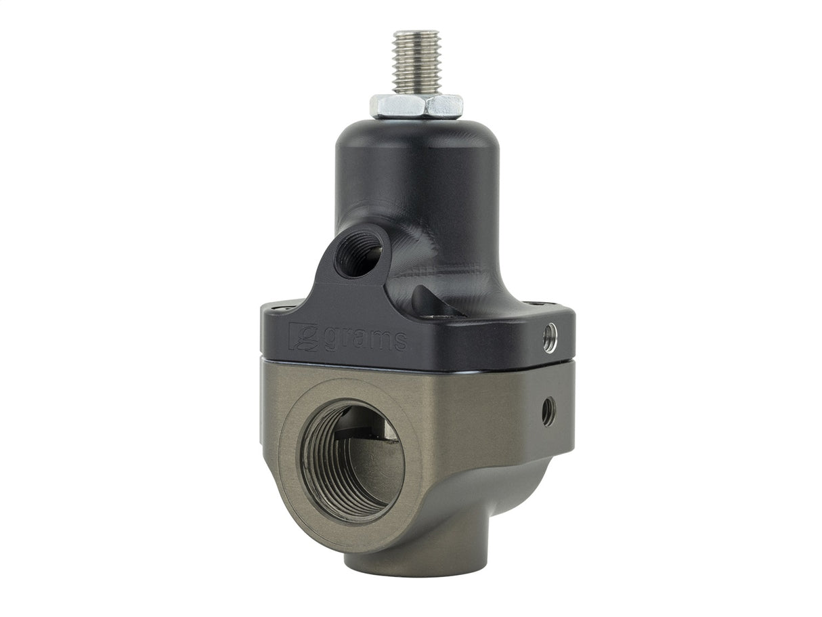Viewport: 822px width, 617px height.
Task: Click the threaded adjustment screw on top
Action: [416, 64]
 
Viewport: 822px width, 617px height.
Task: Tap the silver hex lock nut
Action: [416, 106]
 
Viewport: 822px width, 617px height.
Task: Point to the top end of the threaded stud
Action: [416, 34]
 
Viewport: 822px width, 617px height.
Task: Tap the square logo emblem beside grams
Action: [303, 337]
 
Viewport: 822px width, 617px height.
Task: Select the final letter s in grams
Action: [400, 341]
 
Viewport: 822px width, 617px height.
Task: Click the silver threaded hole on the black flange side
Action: [550, 336]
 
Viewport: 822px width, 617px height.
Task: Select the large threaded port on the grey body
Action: [351, 461]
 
